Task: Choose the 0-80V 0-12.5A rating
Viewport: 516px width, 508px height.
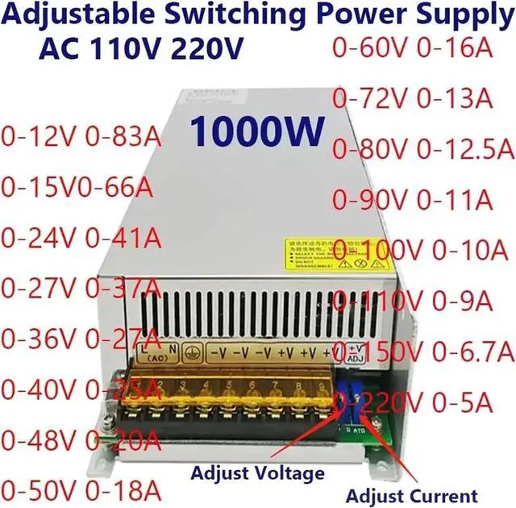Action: coord(424,148)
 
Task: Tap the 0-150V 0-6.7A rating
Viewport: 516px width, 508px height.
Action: coord(424,350)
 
